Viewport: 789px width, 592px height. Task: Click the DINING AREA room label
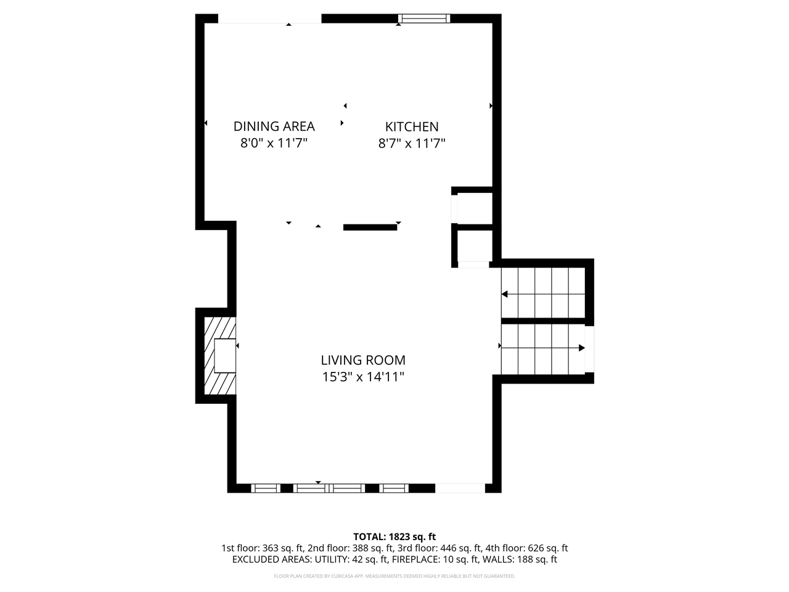(x=274, y=126)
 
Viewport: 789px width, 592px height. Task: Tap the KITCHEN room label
(x=412, y=126)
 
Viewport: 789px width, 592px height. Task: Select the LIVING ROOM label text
(x=363, y=360)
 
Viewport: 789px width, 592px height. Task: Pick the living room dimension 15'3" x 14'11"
(x=363, y=377)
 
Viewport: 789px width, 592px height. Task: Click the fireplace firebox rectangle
(x=225, y=355)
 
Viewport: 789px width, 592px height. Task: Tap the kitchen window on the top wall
(x=423, y=18)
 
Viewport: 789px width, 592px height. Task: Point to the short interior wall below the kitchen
(x=370, y=228)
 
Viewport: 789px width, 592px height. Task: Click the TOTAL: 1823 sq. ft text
(x=394, y=536)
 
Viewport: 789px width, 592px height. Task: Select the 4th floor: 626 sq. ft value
(x=526, y=548)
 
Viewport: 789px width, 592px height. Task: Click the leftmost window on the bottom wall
(x=266, y=488)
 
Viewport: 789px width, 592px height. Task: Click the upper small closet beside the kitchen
(x=473, y=208)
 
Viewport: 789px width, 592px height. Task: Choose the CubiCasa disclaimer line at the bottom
(x=394, y=576)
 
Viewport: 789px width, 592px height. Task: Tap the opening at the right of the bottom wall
(x=460, y=488)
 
